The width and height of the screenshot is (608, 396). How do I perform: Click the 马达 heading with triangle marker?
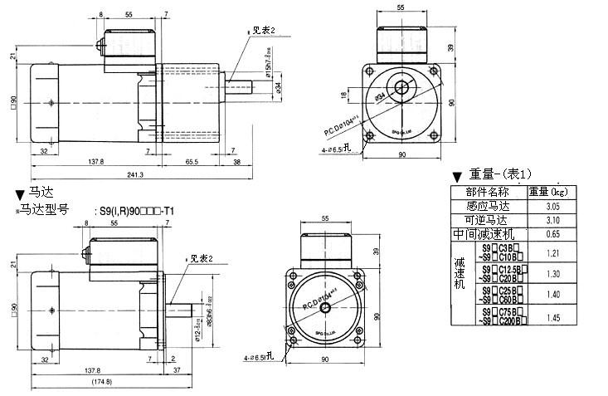pyautogui.click(x=32, y=193)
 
